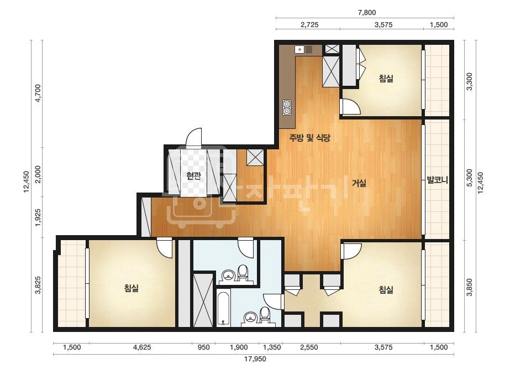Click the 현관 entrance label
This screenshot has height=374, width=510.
(x=193, y=176)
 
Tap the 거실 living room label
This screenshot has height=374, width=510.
(x=359, y=183)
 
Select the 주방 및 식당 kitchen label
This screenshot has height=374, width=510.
(x=309, y=138)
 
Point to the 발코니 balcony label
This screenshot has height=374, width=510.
(x=437, y=180)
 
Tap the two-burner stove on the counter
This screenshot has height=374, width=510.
(x=287, y=108)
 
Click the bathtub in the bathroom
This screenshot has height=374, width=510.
(x=223, y=308)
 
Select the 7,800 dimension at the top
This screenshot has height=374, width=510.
(x=366, y=13)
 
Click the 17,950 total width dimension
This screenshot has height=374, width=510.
(x=255, y=359)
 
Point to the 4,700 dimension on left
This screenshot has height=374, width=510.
(x=38, y=93)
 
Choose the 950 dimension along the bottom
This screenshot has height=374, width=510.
(x=203, y=347)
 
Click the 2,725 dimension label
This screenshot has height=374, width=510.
(x=309, y=25)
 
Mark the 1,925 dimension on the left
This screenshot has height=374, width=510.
(x=38, y=217)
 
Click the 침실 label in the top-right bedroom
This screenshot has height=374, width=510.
(x=386, y=79)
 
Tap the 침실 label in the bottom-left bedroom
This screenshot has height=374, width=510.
(x=132, y=288)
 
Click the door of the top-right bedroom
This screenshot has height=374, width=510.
(x=350, y=106)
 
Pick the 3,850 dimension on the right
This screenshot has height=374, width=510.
(x=469, y=287)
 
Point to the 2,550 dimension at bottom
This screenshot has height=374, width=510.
(x=309, y=347)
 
